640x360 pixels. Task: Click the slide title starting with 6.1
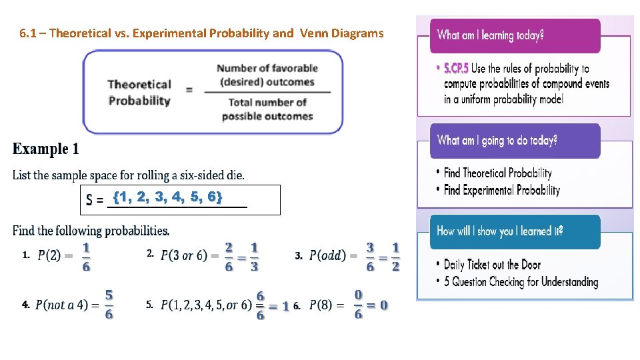coord(202,33)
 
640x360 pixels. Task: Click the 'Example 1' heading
coord(45,149)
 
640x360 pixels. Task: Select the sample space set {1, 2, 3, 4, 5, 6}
coord(167,197)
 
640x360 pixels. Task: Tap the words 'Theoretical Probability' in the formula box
coord(139,93)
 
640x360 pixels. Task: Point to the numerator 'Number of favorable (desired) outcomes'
coord(267,75)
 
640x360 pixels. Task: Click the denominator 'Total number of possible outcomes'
coord(267,109)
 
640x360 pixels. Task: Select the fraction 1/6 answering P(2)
coord(86,256)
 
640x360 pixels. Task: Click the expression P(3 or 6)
coord(187,256)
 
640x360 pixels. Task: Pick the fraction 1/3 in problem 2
coord(254,256)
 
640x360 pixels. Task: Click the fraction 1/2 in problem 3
coord(395,256)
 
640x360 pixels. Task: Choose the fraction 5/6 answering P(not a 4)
coord(109,304)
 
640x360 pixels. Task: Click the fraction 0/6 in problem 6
coord(359,304)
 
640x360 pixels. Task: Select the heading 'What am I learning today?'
coord(490,35)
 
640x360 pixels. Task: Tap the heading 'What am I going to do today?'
coord(497,140)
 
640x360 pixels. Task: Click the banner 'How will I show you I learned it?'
coord(500,231)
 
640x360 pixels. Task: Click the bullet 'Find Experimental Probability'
coord(501,190)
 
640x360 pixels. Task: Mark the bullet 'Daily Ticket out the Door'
coord(492,265)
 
